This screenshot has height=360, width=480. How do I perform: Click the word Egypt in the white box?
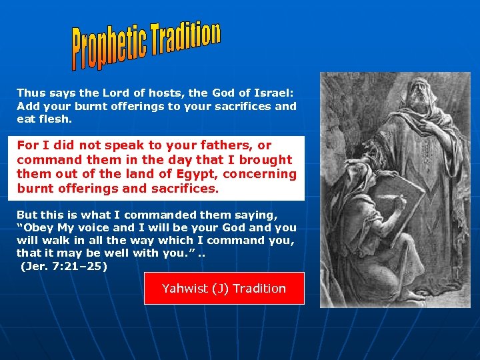coord(199,174)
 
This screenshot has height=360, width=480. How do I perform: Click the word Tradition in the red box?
coord(259,289)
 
